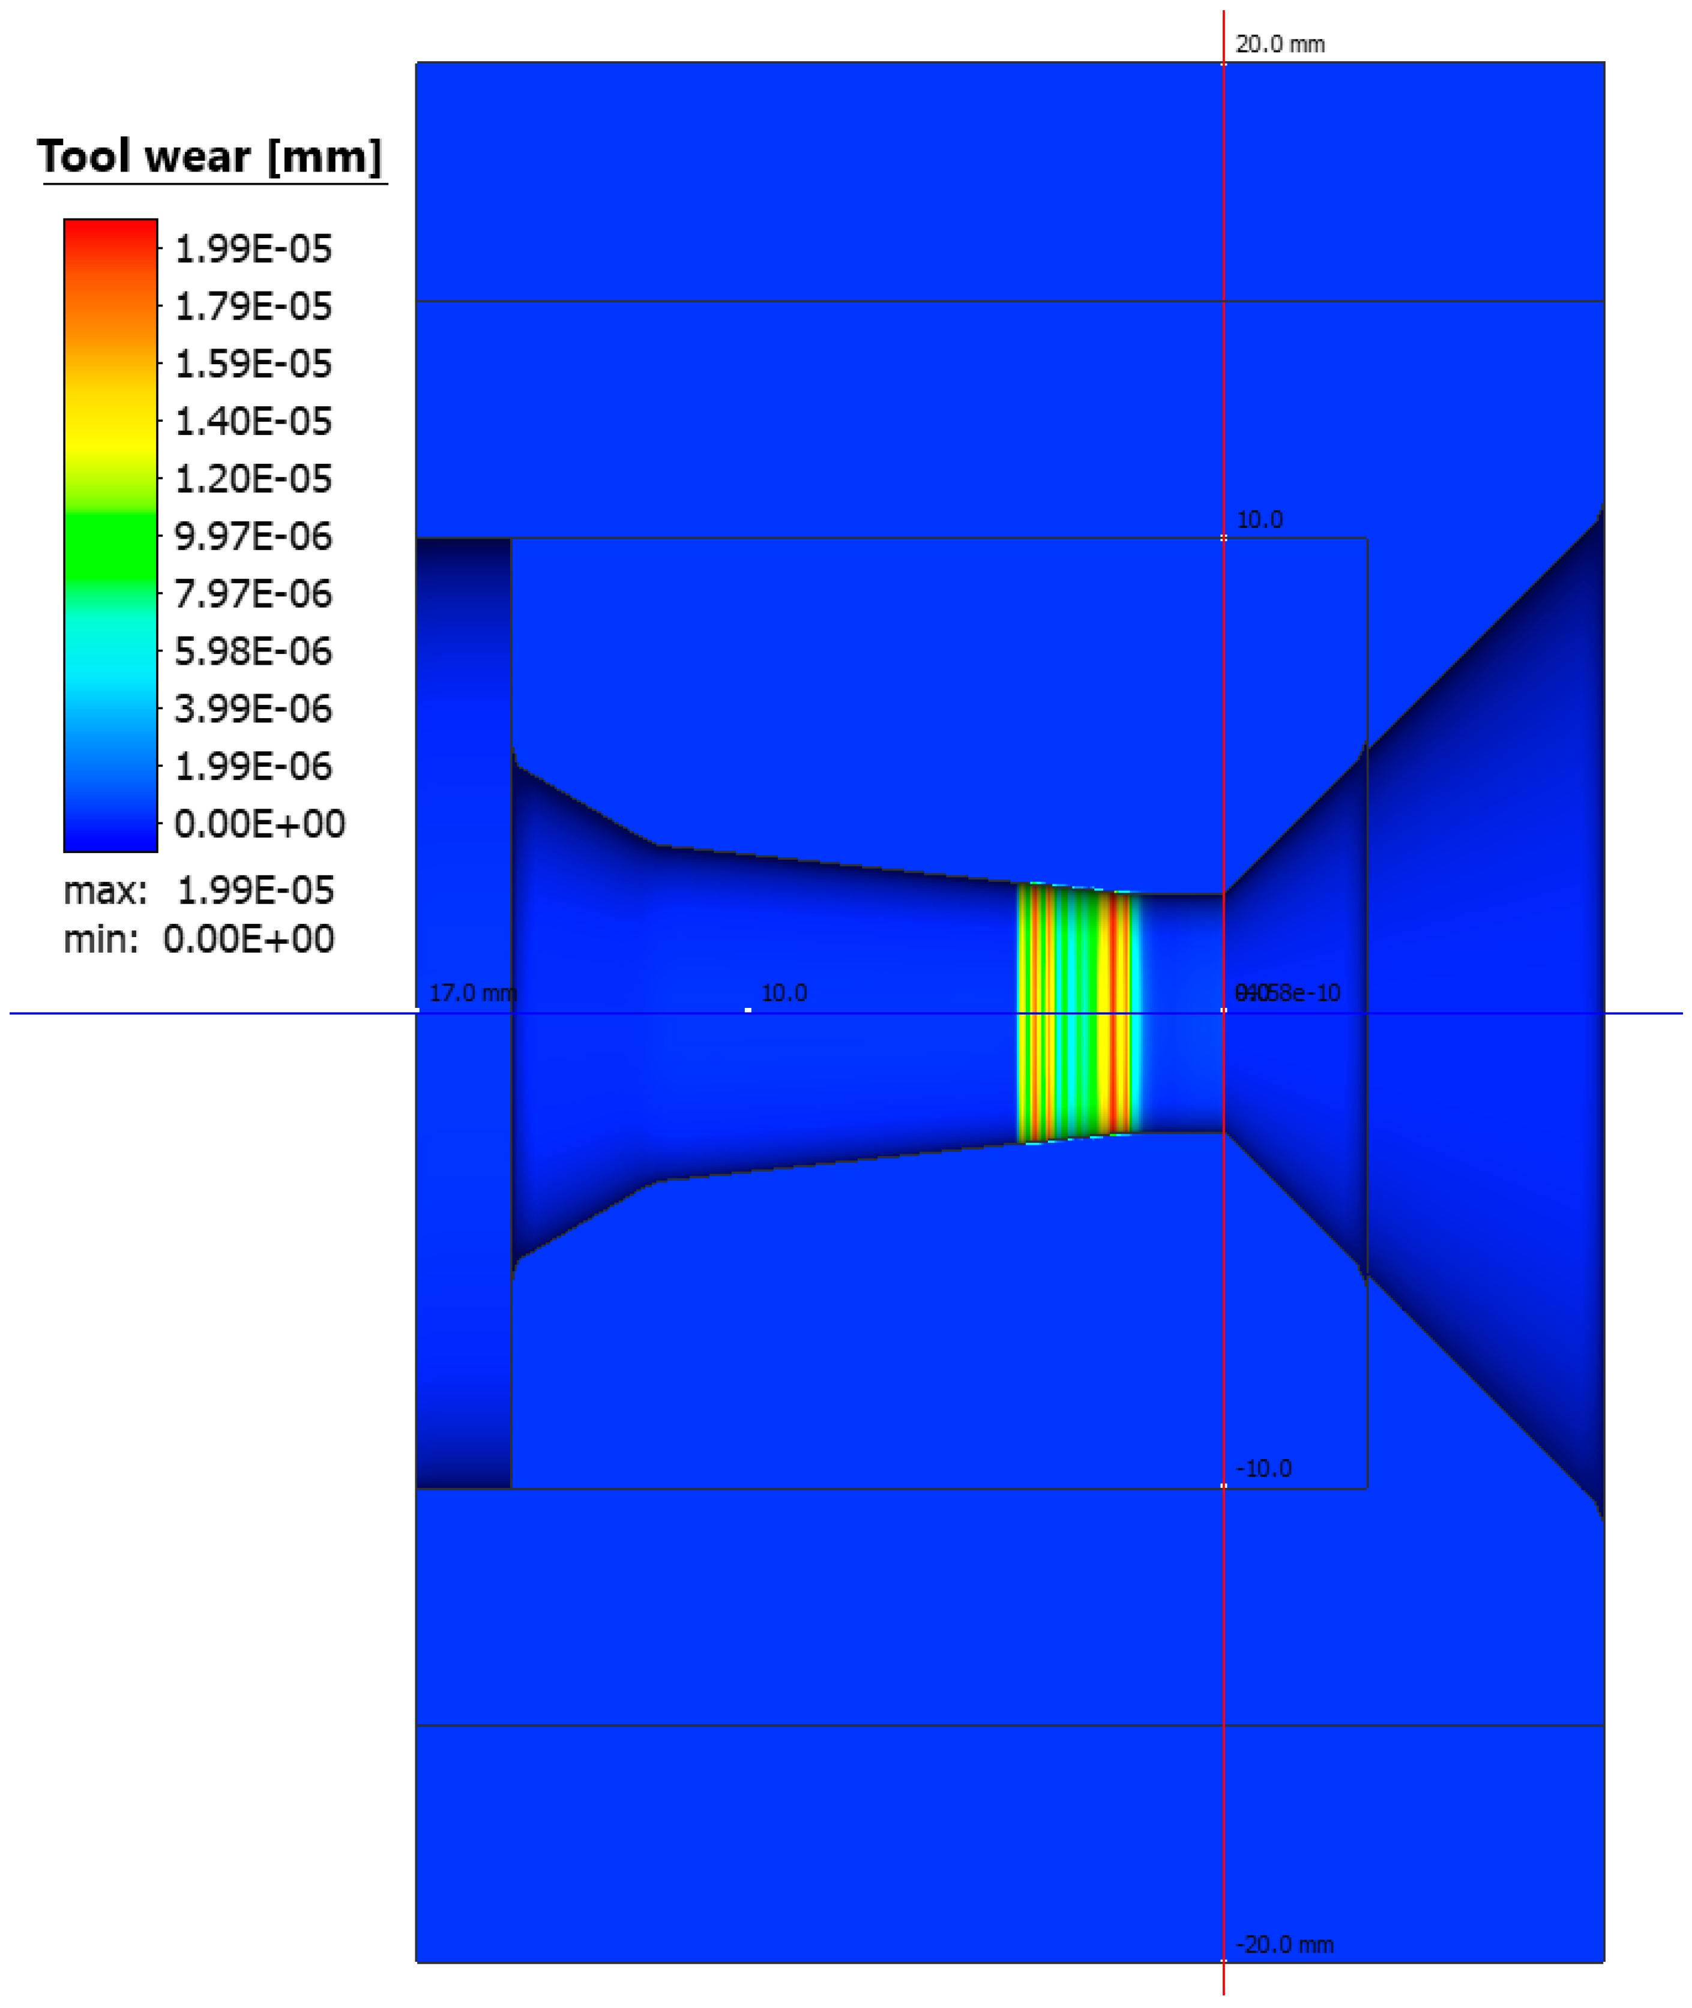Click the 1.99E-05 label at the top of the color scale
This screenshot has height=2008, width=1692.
click(x=253, y=250)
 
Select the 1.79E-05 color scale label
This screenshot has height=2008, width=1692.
click(x=253, y=307)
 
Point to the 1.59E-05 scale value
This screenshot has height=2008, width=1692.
click(x=253, y=364)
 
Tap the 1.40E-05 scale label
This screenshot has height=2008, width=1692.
click(x=253, y=422)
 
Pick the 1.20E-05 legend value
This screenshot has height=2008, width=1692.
click(x=253, y=479)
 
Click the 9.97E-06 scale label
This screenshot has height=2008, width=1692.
click(x=253, y=537)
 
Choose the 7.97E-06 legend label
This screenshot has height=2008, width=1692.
click(x=253, y=595)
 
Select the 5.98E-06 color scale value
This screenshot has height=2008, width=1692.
click(x=253, y=652)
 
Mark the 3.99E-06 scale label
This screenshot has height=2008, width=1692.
click(x=253, y=710)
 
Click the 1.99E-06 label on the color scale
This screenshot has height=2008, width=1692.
click(x=253, y=767)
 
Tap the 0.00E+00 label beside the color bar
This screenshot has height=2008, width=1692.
click(x=259, y=825)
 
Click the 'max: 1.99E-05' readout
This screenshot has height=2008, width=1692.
click(x=199, y=892)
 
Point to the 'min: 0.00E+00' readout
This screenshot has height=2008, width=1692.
click(x=199, y=940)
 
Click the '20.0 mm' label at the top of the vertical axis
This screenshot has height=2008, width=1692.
click(x=1280, y=45)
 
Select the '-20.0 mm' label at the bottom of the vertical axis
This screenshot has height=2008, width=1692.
click(x=1284, y=1945)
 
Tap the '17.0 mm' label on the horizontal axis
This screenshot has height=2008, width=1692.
click(x=472, y=994)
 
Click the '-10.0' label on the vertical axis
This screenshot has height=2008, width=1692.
click(x=1263, y=1469)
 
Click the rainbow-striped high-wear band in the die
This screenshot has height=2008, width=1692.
click(x=1074, y=1013)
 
